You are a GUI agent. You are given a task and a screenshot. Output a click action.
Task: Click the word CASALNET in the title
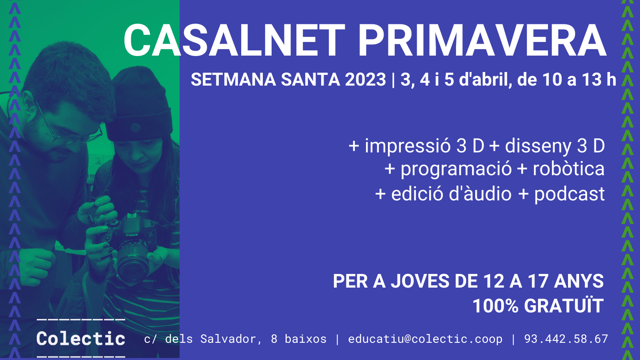coord(234,40)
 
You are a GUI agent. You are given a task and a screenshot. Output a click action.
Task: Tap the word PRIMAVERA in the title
coord(482,40)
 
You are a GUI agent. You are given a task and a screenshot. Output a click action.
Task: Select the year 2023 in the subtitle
coord(366,80)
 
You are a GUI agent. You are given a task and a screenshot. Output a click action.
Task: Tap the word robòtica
coord(568,168)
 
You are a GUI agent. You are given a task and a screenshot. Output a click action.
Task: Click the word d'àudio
coord(480,194)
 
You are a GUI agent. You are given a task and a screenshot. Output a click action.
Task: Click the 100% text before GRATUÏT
coord(496,306)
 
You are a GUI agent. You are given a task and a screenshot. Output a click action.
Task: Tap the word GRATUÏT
coord(564,305)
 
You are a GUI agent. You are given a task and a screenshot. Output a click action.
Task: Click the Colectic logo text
coord(81,338)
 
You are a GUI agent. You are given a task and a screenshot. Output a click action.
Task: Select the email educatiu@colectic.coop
coord(425,339)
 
